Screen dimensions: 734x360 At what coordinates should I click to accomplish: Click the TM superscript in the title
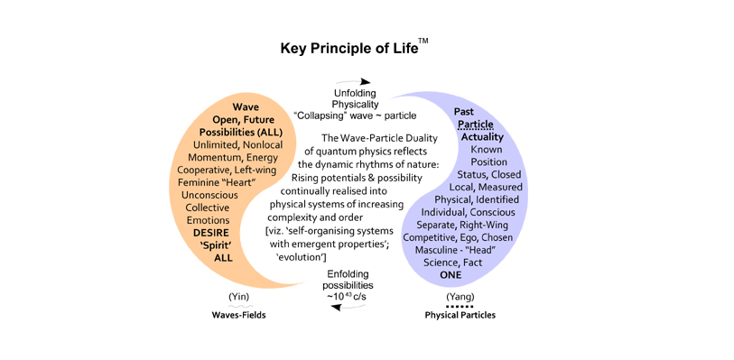pyautogui.click(x=423, y=43)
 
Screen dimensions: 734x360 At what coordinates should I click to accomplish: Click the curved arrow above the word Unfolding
pyautogui.click(x=355, y=81)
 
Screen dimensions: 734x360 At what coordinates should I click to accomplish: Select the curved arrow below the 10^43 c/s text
pyautogui.click(x=348, y=307)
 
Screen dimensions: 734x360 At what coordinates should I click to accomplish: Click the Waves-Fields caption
pyautogui.click(x=238, y=315)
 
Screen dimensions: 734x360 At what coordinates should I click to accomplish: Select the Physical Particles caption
pyautogui.click(x=460, y=315)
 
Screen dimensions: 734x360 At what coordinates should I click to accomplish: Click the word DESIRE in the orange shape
pyautogui.click(x=213, y=233)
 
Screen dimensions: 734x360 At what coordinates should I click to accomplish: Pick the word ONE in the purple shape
pyautogui.click(x=451, y=275)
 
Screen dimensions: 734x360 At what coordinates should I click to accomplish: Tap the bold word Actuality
pyautogui.click(x=483, y=137)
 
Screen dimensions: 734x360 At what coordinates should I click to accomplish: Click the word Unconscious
pyautogui.click(x=209, y=195)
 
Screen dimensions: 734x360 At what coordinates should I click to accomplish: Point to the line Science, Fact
pyautogui.click(x=452, y=263)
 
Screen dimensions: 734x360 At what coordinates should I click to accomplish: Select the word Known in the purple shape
pyautogui.click(x=487, y=150)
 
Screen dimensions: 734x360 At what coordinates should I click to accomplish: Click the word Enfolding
pyautogui.click(x=348, y=274)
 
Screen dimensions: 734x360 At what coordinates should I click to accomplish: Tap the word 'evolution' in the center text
pyautogui.click(x=302, y=257)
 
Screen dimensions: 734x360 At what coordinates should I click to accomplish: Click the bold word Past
pyautogui.click(x=463, y=112)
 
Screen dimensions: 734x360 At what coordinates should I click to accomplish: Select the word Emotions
pyautogui.click(x=208, y=220)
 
